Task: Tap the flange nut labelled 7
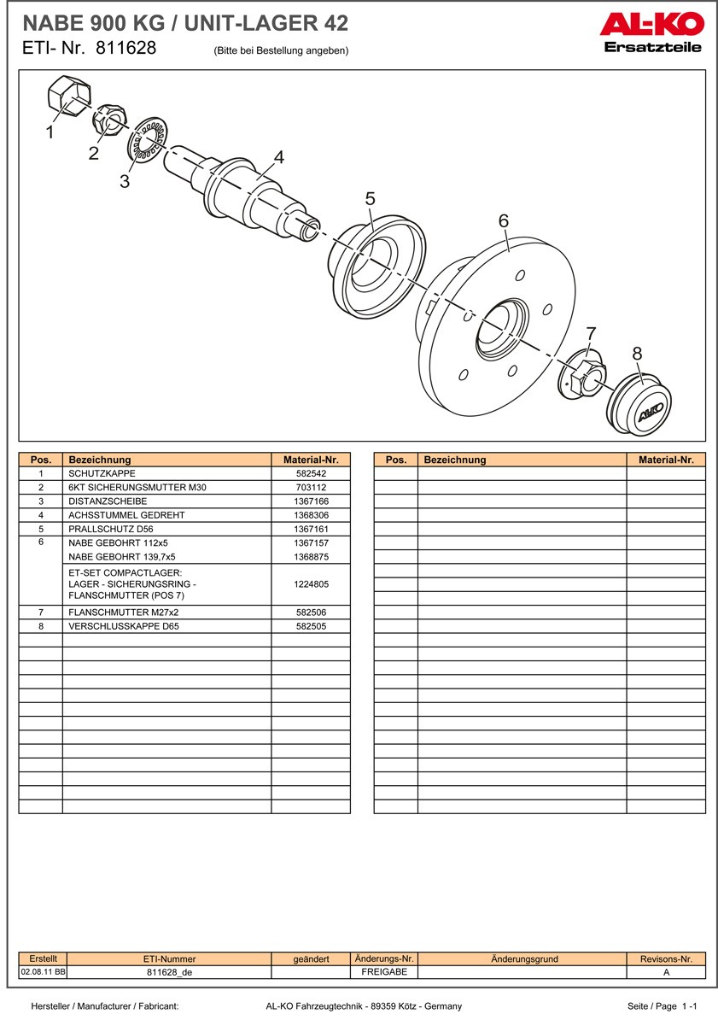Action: [582, 372]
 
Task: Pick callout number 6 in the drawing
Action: [504, 220]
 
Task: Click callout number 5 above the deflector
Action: [370, 198]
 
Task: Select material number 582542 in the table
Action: [311, 473]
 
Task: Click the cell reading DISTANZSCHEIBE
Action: [108, 501]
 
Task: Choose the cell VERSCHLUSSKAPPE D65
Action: [124, 626]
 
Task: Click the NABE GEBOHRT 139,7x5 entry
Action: [122, 556]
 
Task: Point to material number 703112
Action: [311, 487]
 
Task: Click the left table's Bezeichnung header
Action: [100, 460]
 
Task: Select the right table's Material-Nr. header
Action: [666, 460]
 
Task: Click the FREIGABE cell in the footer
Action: [384, 972]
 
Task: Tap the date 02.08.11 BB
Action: [43, 972]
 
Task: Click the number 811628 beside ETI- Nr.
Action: [126, 49]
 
